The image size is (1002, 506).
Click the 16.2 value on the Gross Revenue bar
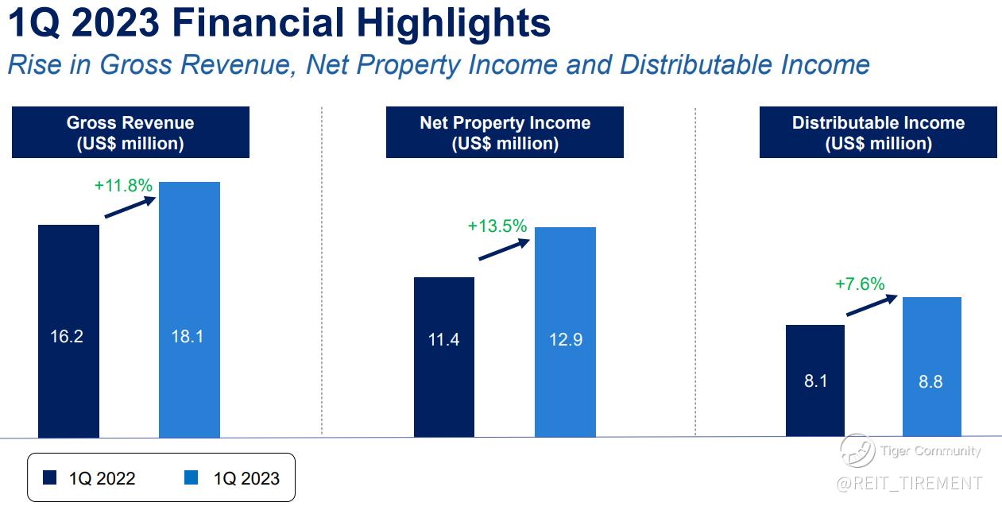(67, 337)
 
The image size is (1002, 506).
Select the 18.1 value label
(188, 337)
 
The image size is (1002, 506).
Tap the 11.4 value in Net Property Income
(443, 340)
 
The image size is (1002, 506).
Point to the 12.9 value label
(566, 340)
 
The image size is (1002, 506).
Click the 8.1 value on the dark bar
(815, 380)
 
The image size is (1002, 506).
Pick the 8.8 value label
(930, 382)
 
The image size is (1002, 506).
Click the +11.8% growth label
(123, 186)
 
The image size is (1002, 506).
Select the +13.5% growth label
(497, 226)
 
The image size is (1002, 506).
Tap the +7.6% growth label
(861, 284)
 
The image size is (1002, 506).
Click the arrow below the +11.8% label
(130, 207)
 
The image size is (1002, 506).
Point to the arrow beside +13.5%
(504, 249)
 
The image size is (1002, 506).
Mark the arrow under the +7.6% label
(872, 305)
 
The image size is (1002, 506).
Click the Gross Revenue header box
(130, 133)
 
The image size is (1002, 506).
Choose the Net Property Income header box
(505, 133)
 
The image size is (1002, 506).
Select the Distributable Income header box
(878, 133)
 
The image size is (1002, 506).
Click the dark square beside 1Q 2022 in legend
(49, 477)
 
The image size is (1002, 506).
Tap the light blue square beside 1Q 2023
(191, 477)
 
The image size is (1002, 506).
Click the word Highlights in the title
(454, 24)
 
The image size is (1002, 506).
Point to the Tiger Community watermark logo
(857, 450)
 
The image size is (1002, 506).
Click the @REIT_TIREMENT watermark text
(909, 484)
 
